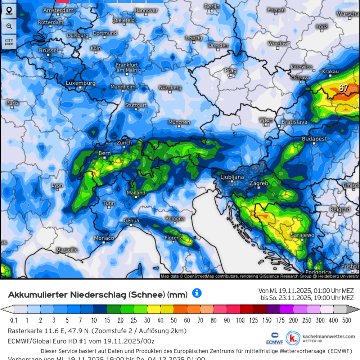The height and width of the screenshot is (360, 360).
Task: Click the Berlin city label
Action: (212, 6)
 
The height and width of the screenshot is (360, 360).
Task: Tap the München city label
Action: (179, 122)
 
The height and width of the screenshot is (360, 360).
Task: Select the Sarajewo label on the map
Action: (303, 235)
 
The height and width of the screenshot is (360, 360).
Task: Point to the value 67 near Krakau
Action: (343, 88)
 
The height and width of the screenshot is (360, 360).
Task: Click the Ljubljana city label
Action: (232, 177)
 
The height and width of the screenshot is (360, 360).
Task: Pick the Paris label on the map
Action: (12, 103)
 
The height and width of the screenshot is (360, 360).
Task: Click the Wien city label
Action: (266, 120)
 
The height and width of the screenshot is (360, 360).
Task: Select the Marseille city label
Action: (67, 250)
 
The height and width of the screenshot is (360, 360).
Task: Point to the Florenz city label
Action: (174, 238)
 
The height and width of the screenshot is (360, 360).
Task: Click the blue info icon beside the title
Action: (197, 293)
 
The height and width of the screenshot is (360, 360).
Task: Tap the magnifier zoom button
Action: (9, 26)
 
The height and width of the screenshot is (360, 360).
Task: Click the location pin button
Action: (9, 10)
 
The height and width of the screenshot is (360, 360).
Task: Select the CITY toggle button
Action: (9, 41)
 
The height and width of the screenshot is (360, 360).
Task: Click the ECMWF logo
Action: (274, 338)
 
